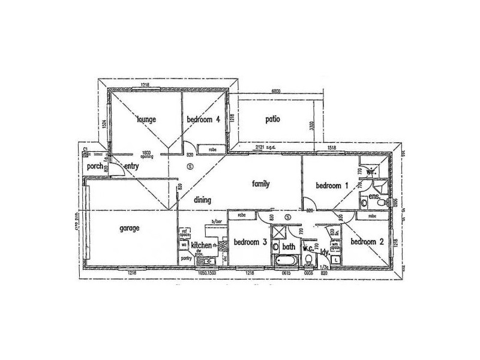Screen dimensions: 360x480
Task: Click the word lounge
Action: pyautogui.click(x=146, y=119)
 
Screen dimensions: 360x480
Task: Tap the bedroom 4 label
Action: pyautogui.click(x=204, y=119)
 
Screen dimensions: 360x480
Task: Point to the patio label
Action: pyautogui.click(x=273, y=119)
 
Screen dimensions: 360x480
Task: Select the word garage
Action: pyautogui.click(x=130, y=228)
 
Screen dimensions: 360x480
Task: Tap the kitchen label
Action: pyautogui.click(x=201, y=245)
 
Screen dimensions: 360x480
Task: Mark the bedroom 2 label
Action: pyautogui.click(x=367, y=242)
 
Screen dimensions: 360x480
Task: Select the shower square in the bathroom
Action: pyautogui.click(x=280, y=234)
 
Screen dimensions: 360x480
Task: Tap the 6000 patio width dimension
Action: pyautogui.click(x=277, y=91)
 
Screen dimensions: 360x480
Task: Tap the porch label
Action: pyautogui.click(x=95, y=166)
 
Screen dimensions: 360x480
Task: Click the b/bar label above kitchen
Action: pyautogui.click(x=211, y=222)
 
